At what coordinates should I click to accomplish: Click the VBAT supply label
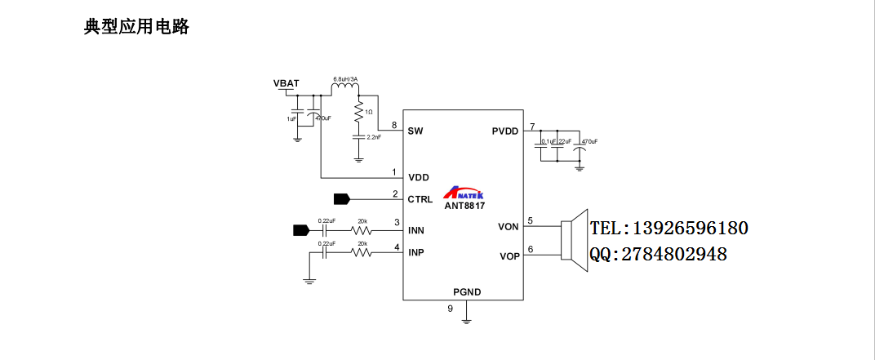[286, 83]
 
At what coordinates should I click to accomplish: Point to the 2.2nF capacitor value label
[374, 137]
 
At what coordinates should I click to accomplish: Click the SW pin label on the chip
[415, 131]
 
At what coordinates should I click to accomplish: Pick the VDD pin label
[419, 177]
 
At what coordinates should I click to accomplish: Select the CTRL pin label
[420, 198]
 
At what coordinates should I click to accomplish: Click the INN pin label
[416, 230]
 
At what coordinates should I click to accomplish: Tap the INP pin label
[416, 252]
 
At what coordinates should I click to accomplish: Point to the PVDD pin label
[505, 131]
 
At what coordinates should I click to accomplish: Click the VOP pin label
[509, 256]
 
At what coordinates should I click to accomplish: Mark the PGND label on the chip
[467, 291]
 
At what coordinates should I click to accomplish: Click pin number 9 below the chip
[450, 309]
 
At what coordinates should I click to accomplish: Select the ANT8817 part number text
[464, 207]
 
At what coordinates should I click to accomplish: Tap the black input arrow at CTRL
[342, 198]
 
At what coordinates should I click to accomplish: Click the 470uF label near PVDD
[589, 141]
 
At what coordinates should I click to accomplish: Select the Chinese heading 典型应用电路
[136, 27]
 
